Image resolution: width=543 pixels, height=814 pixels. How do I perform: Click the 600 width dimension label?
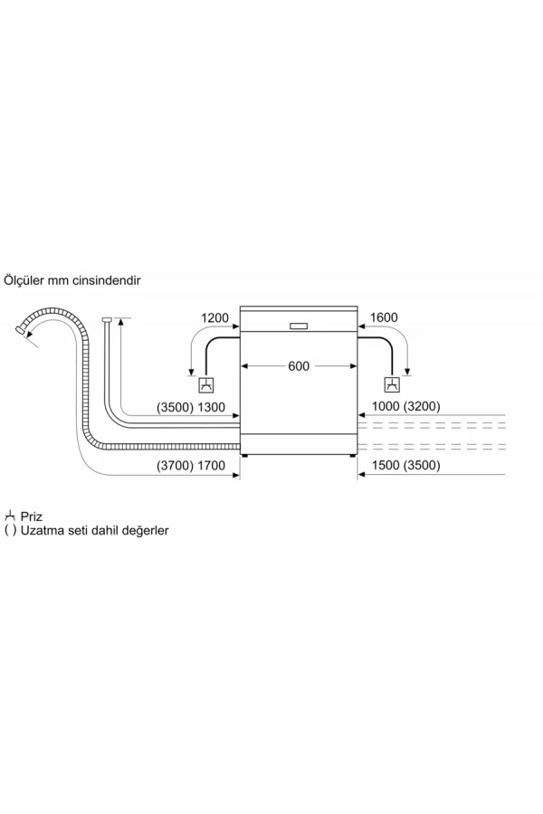pos(299,366)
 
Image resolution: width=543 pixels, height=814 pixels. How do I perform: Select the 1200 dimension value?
pos(214,317)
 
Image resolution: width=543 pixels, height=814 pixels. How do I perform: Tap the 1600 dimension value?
pos(384,317)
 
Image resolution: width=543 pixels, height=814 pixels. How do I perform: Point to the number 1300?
pos(211,408)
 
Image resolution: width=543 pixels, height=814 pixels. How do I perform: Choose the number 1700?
pos(211,466)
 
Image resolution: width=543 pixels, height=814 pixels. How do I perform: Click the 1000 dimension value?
pos(386,406)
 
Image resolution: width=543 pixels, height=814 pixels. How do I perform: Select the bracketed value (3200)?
pos(422,406)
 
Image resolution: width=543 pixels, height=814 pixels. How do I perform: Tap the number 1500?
pos(386,465)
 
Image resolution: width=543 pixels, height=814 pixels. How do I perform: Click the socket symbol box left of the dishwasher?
pos(207,385)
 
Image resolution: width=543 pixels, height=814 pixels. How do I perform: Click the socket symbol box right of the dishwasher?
pos(392,385)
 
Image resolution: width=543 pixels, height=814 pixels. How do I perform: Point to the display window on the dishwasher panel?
pos(299,326)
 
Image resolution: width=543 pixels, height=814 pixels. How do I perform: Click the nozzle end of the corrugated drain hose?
pos(21,330)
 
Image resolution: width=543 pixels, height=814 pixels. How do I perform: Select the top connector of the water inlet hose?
pos(107,319)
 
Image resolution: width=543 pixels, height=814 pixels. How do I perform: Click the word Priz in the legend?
pos(31,516)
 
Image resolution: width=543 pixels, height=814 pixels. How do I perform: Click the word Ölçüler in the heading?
pos(24,280)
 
